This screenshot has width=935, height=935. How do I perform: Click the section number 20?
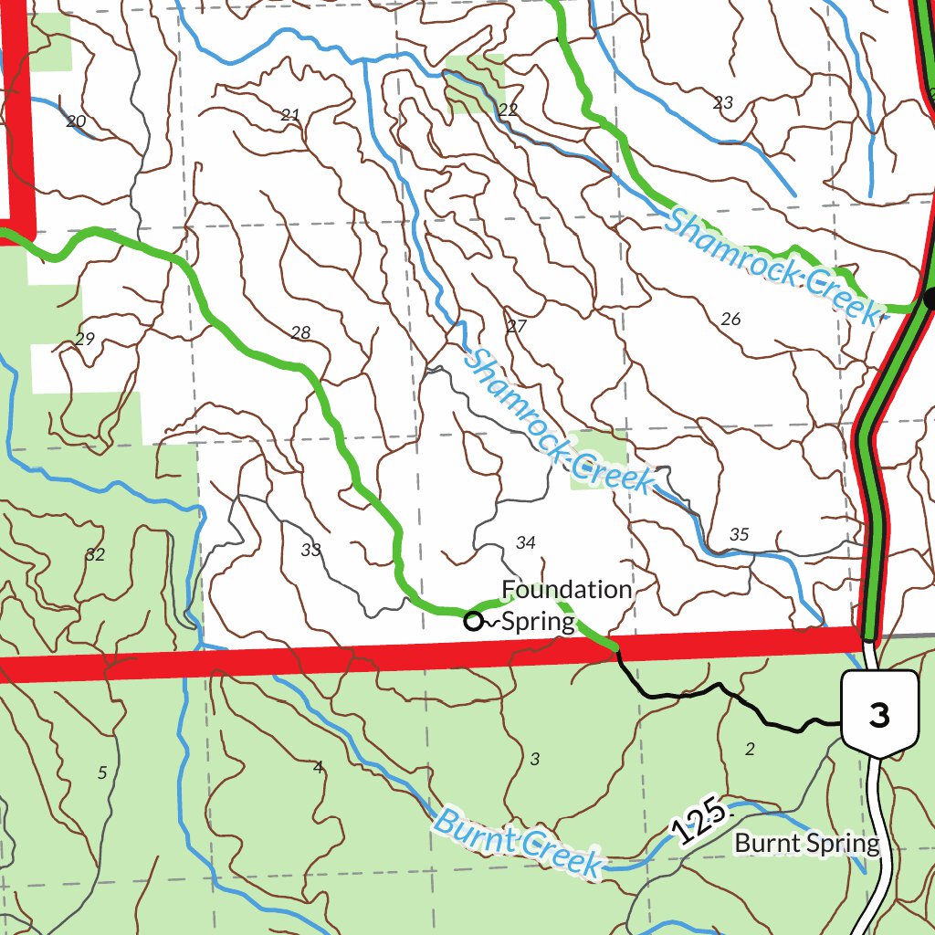pyautogui.click(x=76, y=121)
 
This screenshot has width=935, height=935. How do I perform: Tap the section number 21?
pyautogui.click(x=290, y=115)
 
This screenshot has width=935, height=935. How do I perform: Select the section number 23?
pyautogui.click(x=723, y=102)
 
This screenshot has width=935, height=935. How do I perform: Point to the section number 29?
pyautogui.click(x=85, y=339)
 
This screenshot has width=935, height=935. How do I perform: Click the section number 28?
pyautogui.click(x=300, y=332)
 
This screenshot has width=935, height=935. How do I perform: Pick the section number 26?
pyautogui.click(x=730, y=319)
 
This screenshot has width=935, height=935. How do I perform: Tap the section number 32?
pyautogui.click(x=95, y=553)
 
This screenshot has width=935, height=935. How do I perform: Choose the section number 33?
pyautogui.click(x=311, y=550)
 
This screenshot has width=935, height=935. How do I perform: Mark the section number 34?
pyautogui.click(x=525, y=542)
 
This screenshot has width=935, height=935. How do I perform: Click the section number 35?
pyautogui.click(x=740, y=534)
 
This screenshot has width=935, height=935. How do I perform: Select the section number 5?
pyautogui.click(x=102, y=772)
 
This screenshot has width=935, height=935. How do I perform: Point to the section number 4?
pyautogui.click(x=318, y=766)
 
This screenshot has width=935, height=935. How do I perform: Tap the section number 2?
pyautogui.click(x=751, y=749)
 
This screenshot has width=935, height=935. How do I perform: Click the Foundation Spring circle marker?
pyautogui.click(x=473, y=622)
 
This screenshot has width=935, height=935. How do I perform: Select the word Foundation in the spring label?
pyautogui.click(x=566, y=590)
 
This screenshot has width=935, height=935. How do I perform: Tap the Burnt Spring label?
pyautogui.click(x=806, y=843)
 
